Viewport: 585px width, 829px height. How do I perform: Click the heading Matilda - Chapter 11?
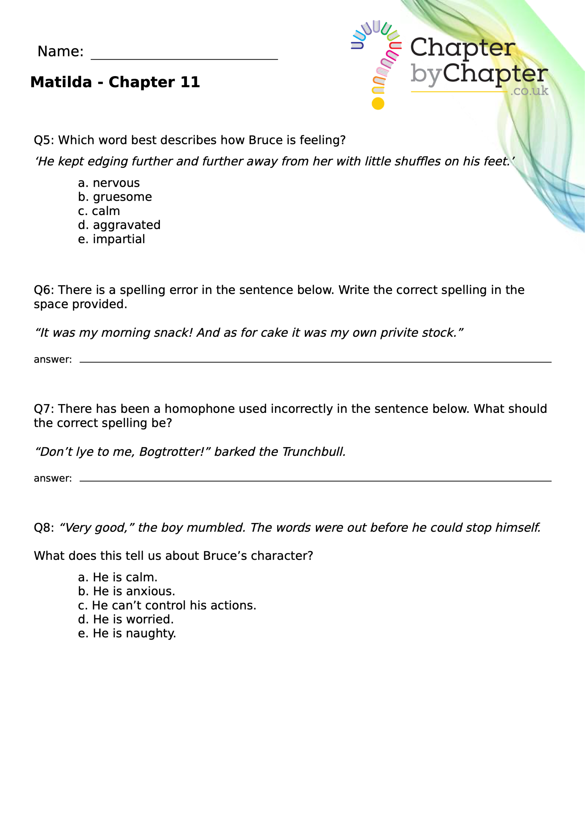(x=115, y=82)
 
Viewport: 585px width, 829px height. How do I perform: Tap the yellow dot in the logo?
(x=378, y=104)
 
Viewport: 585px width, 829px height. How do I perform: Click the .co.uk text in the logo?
(x=529, y=91)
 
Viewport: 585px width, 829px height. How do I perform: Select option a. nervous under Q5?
(x=109, y=183)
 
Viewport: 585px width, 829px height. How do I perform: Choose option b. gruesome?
(x=115, y=197)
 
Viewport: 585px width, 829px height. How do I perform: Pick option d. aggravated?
(x=119, y=225)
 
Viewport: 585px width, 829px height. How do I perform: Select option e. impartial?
(x=112, y=239)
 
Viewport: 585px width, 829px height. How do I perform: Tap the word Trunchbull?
(x=313, y=452)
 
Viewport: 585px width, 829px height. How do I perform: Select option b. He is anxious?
(x=126, y=591)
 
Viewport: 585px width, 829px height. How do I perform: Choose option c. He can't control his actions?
(x=167, y=605)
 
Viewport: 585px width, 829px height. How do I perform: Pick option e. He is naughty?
(x=127, y=633)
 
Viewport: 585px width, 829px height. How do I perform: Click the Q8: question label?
(x=44, y=528)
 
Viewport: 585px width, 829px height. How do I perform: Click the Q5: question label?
(x=44, y=140)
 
